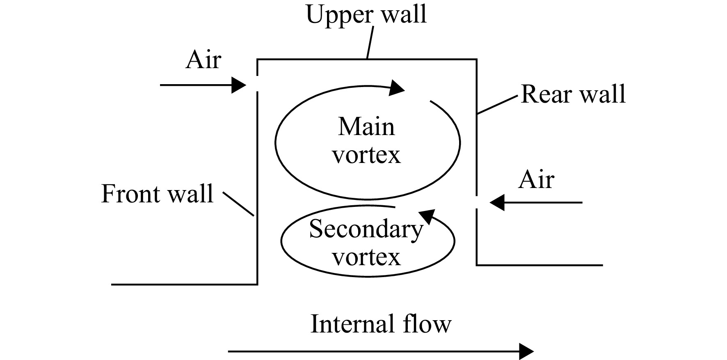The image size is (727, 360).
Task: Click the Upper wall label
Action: (x=366, y=14)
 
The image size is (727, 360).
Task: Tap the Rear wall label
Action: (x=573, y=94)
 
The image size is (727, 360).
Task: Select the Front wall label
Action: (x=157, y=194)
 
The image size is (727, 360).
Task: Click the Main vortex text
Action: (x=366, y=141)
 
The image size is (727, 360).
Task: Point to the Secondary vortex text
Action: (x=366, y=243)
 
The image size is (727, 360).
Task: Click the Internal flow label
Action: (x=381, y=324)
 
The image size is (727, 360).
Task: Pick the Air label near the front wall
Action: (x=203, y=60)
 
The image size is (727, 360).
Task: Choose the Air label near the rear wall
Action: (x=536, y=180)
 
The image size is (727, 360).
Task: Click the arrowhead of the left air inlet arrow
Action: (x=239, y=85)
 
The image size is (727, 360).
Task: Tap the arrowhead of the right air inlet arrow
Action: (x=497, y=202)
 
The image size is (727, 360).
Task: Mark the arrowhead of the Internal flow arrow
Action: (x=526, y=351)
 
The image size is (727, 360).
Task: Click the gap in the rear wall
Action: (x=476, y=202)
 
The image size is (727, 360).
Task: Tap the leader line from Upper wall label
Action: (x=370, y=43)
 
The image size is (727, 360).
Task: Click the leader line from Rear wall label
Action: (x=497, y=104)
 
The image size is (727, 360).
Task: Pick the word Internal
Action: (x=348, y=324)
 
